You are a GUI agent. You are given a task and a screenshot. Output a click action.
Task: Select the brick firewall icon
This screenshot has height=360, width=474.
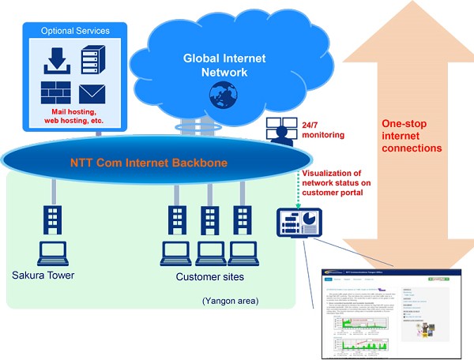56,94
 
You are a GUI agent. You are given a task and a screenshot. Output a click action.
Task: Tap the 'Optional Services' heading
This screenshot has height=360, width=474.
75,31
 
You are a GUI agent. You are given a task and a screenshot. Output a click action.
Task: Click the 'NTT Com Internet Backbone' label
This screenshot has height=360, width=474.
149,163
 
